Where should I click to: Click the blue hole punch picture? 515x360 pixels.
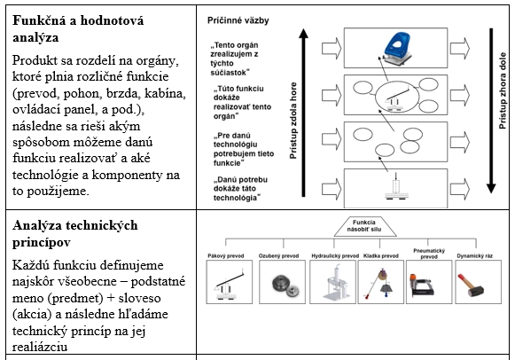(x=397, y=48)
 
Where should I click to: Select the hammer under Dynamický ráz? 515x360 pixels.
(x=471, y=285)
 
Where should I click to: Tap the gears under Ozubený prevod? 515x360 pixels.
(x=285, y=286)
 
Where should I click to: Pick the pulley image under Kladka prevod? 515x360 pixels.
(x=380, y=283)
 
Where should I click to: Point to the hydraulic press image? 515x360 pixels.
(x=336, y=283)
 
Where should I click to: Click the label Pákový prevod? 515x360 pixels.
(x=226, y=256)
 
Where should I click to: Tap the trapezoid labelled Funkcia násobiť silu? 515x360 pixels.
(x=364, y=226)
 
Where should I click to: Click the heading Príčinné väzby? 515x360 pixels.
(x=238, y=20)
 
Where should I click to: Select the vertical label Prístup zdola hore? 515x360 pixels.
(x=293, y=121)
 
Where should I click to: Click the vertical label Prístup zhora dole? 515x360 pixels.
(x=503, y=90)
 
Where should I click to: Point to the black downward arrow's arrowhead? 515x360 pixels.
(x=491, y=188)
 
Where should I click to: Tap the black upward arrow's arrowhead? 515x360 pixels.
(x=303, y=34)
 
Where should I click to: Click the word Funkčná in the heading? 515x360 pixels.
(x=39, y=20)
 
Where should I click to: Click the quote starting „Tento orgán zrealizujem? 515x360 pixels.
(x=235, y=59)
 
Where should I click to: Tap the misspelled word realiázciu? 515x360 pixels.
(x=40, y=347)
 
